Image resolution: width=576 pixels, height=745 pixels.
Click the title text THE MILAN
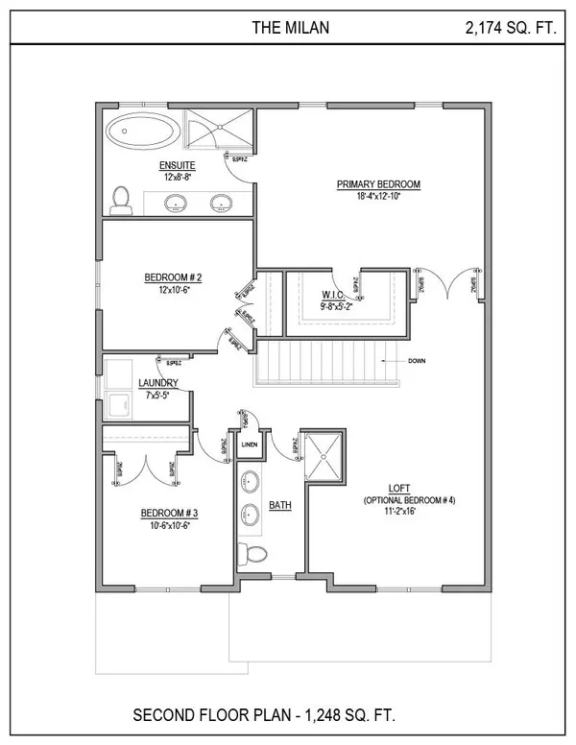[291, 28]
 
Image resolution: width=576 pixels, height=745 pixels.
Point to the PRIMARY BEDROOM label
[378, 184]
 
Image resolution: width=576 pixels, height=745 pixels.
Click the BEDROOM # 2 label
[173, 278]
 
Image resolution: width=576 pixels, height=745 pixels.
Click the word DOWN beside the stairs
[417, 361]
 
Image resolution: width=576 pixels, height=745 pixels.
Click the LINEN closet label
[250, 445]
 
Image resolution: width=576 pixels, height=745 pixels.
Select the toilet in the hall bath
[253, 555]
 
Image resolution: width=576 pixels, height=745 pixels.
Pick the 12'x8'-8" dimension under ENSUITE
[178, 179]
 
